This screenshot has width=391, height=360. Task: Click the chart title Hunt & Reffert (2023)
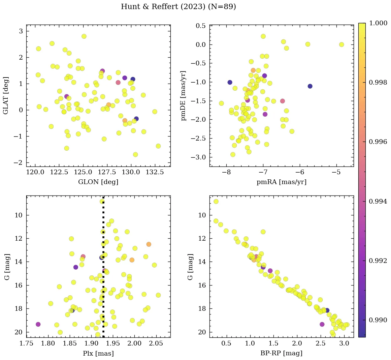coord(178,7)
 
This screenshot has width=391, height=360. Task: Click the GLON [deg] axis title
coord(98,182)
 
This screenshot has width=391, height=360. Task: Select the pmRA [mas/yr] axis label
coord(282,182)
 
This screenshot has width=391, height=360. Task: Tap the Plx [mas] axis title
coord(98,353)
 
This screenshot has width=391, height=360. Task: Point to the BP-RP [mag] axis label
coord(282,353)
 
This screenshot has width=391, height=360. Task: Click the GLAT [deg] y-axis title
coord(6,96)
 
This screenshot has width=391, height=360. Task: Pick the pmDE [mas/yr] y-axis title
coord(184,96)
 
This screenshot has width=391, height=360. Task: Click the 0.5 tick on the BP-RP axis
coord(226,343)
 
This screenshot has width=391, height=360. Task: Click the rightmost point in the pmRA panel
coord(341,44)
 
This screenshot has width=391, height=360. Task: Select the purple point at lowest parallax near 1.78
coord(38,324)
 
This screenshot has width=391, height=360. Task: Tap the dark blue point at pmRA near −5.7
coord(310,86)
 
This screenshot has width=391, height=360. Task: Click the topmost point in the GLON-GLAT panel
coord(84,36)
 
